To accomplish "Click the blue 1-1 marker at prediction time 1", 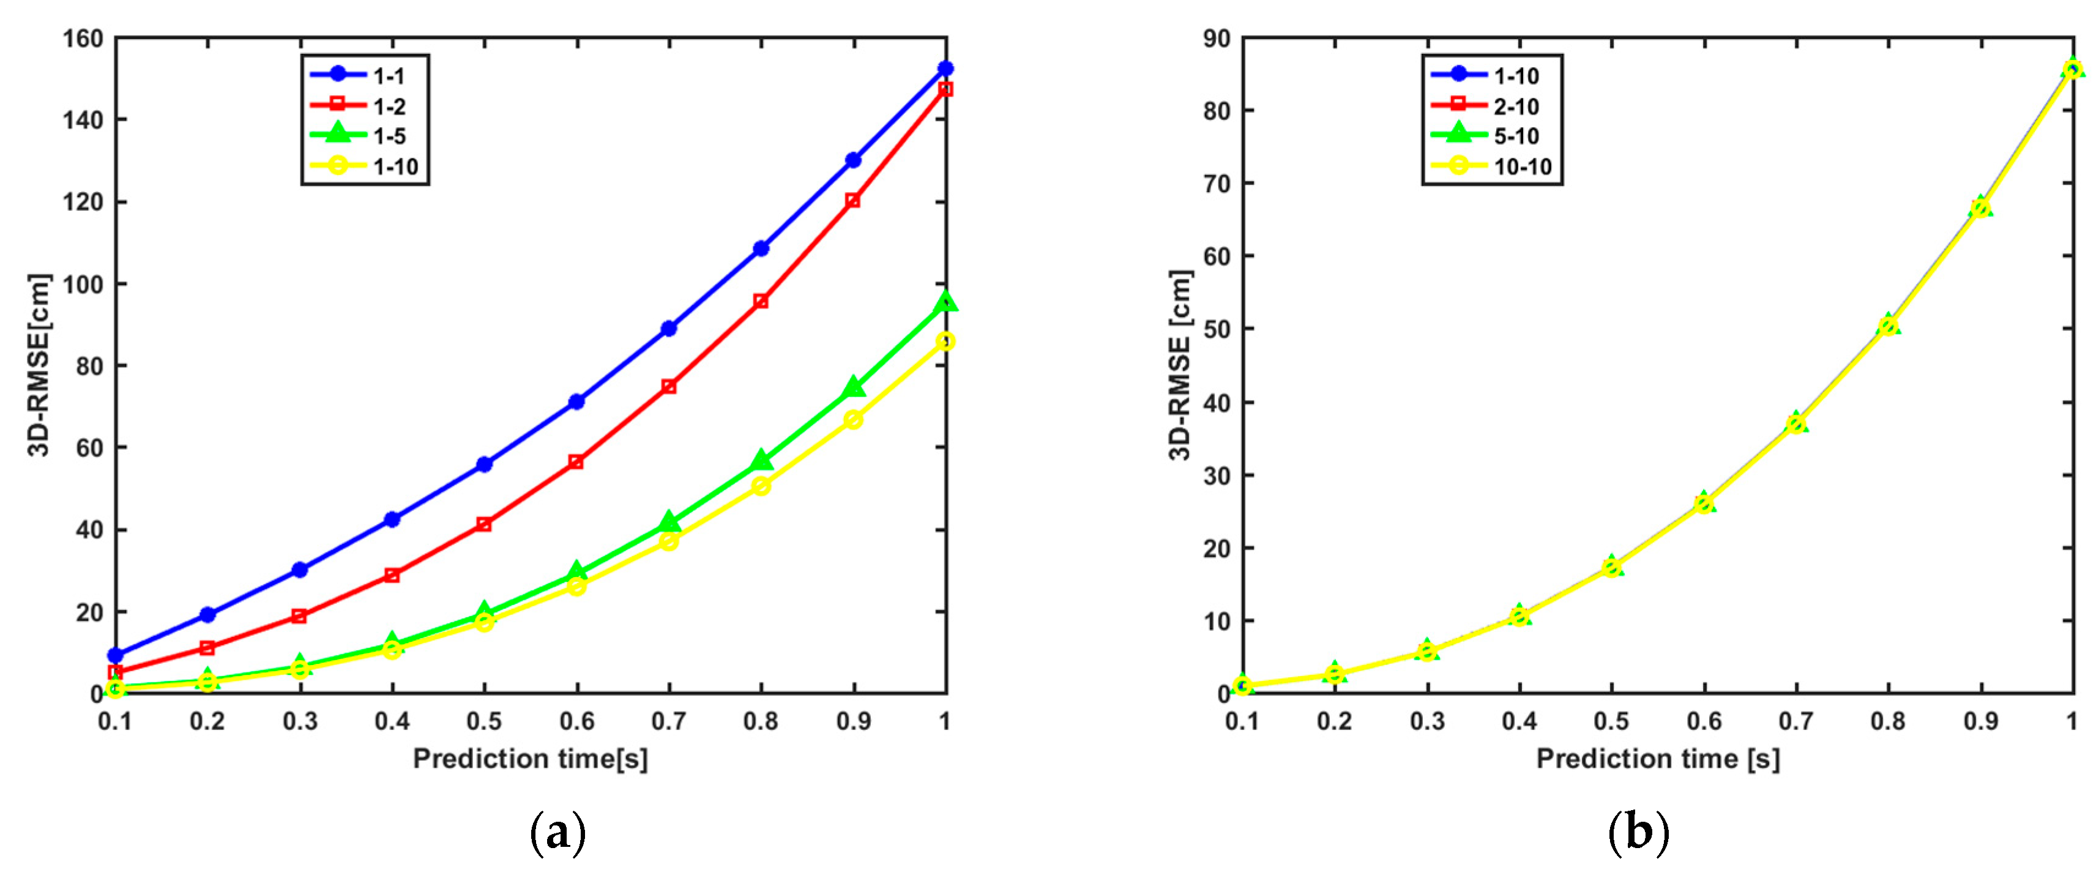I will tap(945, 69).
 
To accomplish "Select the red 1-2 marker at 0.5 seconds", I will tap(484, 524).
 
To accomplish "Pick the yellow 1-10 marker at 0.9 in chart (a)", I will tap(853, 420).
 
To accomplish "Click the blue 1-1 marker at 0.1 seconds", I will tap(116, 655).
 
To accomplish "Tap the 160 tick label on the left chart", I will tap(83, 39).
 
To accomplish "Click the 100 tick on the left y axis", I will tap(83, 285).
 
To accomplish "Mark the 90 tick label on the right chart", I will tap(1217, 39).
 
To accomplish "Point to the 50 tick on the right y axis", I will tap(1217, 329).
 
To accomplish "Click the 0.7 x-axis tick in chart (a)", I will tap(668, 721).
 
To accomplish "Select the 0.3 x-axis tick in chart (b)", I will tap(1426, 721).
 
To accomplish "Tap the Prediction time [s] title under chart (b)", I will tap(1657, 759).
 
